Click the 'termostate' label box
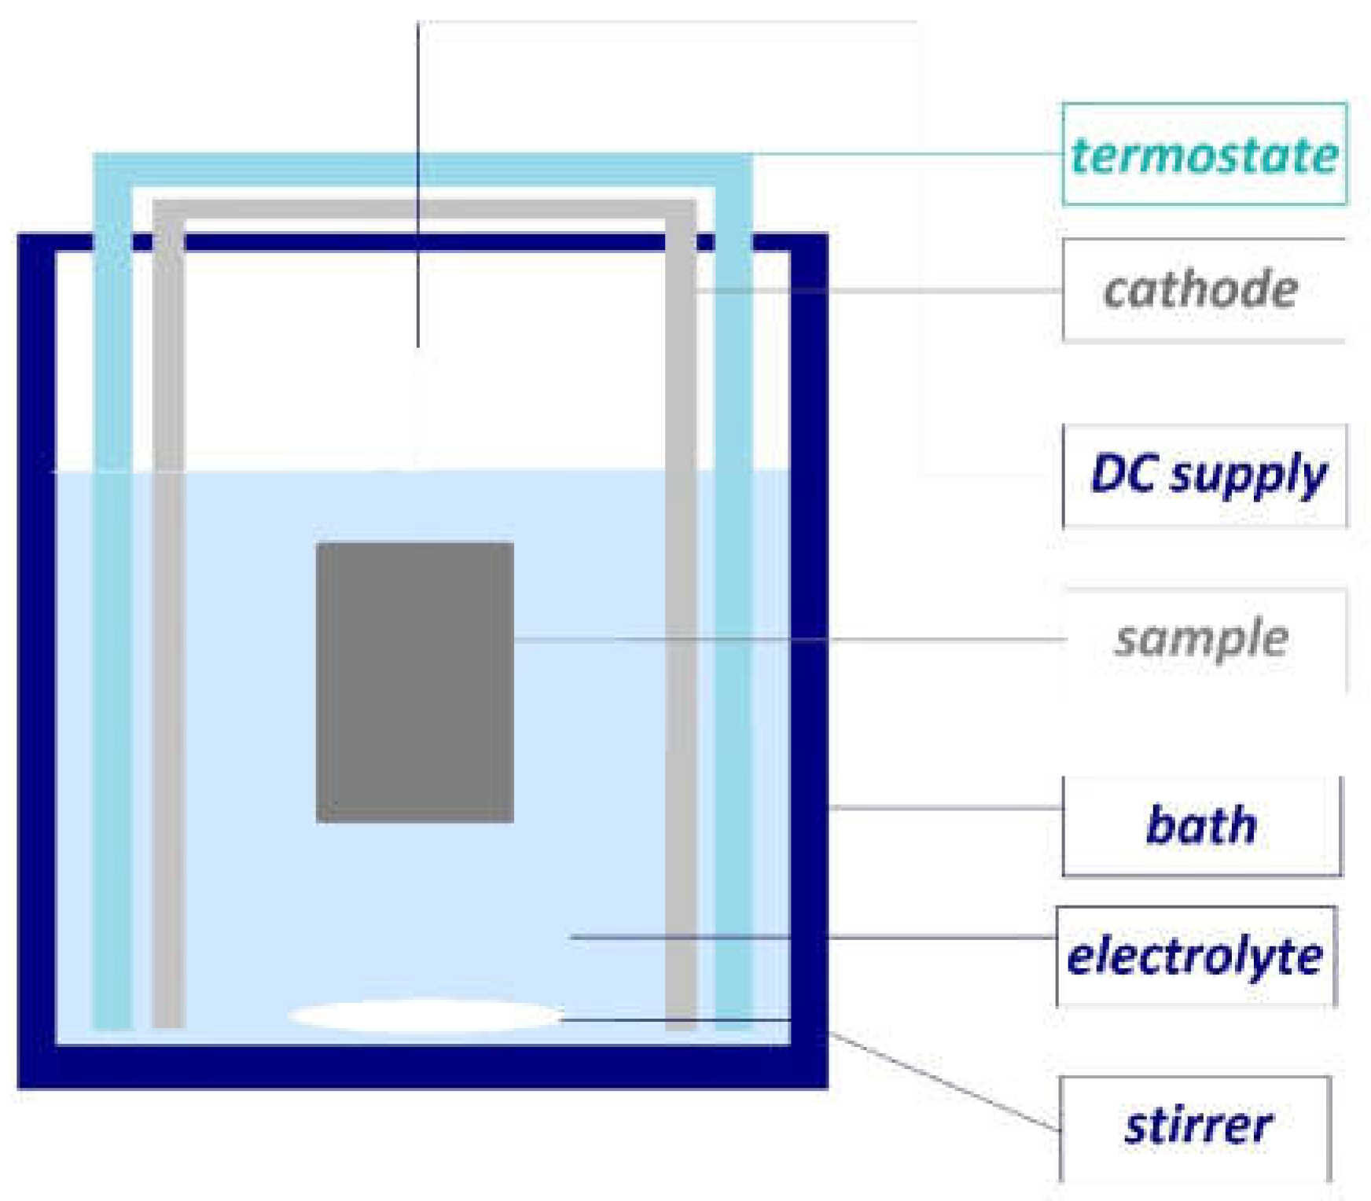1204,154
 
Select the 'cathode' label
1201,290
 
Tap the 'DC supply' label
1206,475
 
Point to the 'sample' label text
1202,638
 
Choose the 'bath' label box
1201,825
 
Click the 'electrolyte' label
1195,956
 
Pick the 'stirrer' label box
1196,1126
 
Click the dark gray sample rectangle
414,682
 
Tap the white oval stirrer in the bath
425,1015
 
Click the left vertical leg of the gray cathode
168,629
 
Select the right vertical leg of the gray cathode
681,629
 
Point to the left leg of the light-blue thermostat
112,629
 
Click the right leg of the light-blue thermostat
733,629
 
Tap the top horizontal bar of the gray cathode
425,210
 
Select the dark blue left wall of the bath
36,660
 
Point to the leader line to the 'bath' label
943,807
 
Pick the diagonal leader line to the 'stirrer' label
943,1082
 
